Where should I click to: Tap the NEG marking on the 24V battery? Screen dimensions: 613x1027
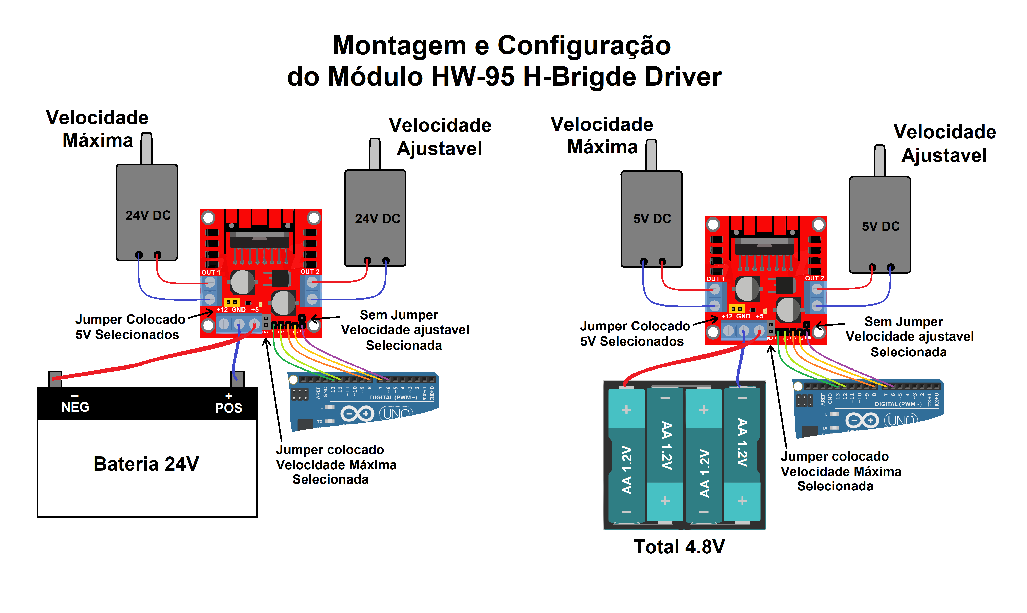75,407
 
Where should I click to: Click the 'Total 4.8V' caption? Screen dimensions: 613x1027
679,547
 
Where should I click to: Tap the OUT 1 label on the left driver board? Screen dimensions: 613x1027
210,272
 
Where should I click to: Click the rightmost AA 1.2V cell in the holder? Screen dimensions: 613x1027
742,454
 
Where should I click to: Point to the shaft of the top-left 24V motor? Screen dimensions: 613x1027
147,148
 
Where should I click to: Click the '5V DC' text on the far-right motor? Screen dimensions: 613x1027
881,226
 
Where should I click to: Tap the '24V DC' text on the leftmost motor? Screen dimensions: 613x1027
148,216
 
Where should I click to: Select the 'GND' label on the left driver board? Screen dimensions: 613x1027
239,309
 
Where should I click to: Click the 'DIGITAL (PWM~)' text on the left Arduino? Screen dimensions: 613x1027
393,397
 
